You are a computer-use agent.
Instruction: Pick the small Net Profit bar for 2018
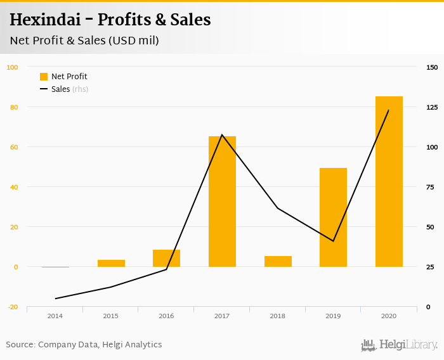point(278,261)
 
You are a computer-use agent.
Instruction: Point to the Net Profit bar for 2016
point(166,258)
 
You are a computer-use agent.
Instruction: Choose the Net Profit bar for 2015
point(111,263)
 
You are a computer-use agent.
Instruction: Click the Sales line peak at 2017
point(222,134)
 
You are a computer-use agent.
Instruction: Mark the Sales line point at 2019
point(333,241)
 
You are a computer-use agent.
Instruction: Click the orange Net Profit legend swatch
point(44,77)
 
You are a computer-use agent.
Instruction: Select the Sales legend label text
point(60,89)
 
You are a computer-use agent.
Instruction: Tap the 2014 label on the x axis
point(55,316)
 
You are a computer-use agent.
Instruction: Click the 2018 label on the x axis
point(277,316)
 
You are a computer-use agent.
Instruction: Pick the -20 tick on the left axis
point(12,307)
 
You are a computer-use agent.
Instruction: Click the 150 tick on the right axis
point(432,67)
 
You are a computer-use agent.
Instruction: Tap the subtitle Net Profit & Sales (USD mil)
point(84,41)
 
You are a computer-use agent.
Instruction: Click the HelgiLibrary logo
point(399,345)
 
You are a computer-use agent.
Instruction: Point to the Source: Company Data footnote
point(84,345)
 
